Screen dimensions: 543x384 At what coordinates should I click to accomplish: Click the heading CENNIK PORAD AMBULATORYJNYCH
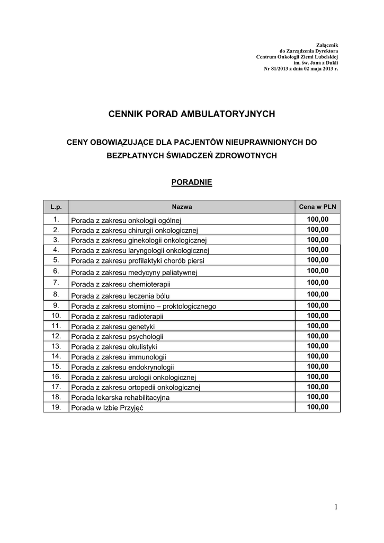pos(192,113)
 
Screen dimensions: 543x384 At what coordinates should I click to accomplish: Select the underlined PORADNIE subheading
pos(192,182)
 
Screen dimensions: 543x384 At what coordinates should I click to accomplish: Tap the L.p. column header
pos(56,207)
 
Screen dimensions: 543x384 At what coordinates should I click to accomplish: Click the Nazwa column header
pos(182,207)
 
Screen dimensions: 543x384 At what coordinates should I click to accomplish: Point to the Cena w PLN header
pos(317,207)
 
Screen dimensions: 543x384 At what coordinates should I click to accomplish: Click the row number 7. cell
pos(56,283)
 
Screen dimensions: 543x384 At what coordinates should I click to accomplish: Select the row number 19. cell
pos(56,407)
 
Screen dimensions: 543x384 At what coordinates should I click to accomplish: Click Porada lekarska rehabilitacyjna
pos(120,397)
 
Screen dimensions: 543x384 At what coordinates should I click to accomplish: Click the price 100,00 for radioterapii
pos(317,316)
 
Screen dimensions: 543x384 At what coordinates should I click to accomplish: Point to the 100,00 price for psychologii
pos(317,336)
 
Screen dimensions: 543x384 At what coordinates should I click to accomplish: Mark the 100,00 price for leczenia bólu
pos(317,294)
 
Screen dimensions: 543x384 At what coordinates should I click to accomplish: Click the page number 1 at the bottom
pos(335,507)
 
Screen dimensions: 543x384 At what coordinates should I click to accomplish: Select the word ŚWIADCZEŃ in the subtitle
pos(189,155)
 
